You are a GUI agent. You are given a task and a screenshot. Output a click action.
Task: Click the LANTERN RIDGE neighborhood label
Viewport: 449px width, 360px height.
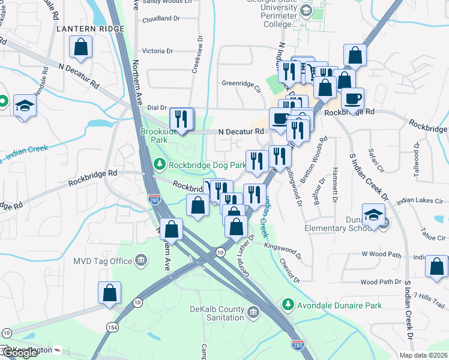point(90,28)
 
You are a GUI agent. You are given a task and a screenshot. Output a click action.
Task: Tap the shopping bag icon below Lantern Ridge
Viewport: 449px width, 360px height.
point(80,47)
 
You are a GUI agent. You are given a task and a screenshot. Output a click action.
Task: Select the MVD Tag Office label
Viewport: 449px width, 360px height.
point(102,261)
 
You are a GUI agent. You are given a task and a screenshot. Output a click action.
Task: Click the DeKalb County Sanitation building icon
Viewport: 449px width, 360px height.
point(253,312)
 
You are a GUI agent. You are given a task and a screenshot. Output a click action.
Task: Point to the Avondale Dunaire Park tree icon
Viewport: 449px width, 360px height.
point(288,305)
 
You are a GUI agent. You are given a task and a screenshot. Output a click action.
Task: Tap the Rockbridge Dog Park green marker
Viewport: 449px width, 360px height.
point(159,164)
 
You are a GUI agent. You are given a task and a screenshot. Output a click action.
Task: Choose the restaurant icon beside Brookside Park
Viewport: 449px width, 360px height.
point(181,119)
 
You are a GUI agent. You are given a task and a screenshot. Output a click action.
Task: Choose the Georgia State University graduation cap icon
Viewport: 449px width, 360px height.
point(306,10)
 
